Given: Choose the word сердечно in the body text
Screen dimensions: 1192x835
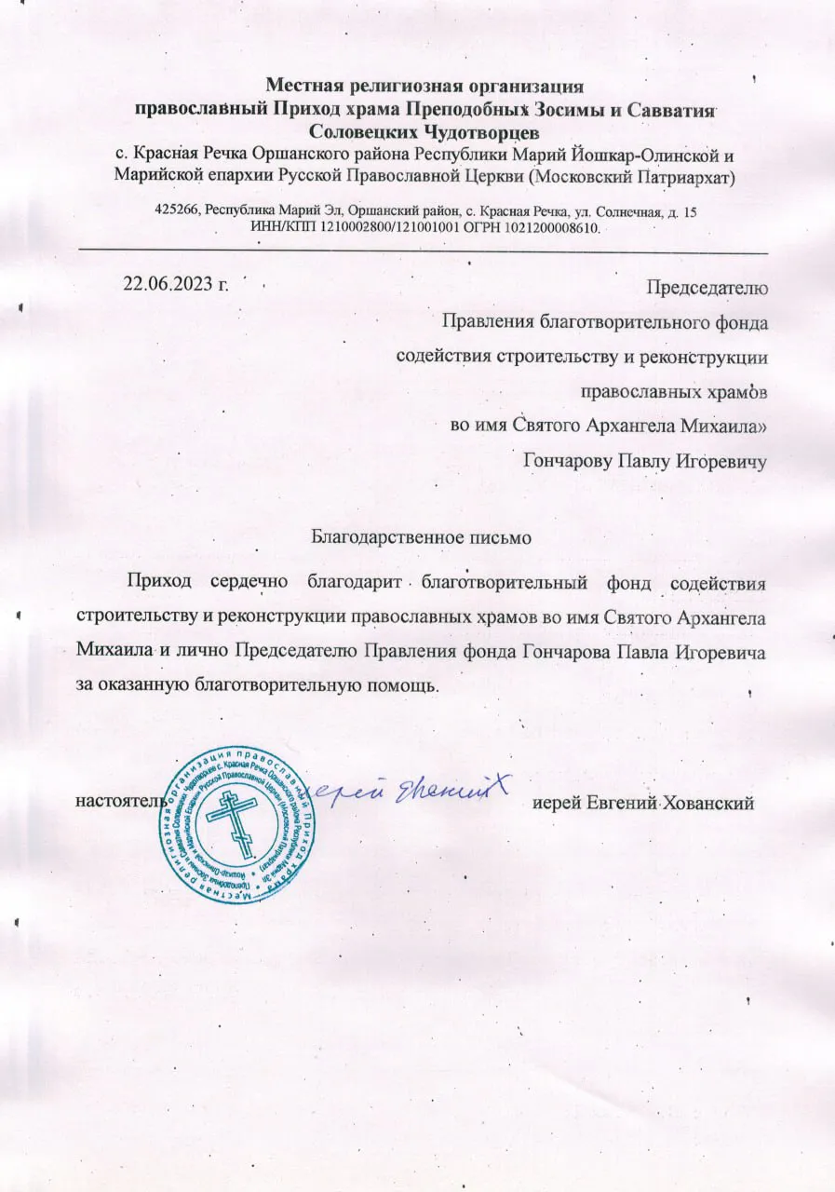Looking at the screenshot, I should tap(248, 584).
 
